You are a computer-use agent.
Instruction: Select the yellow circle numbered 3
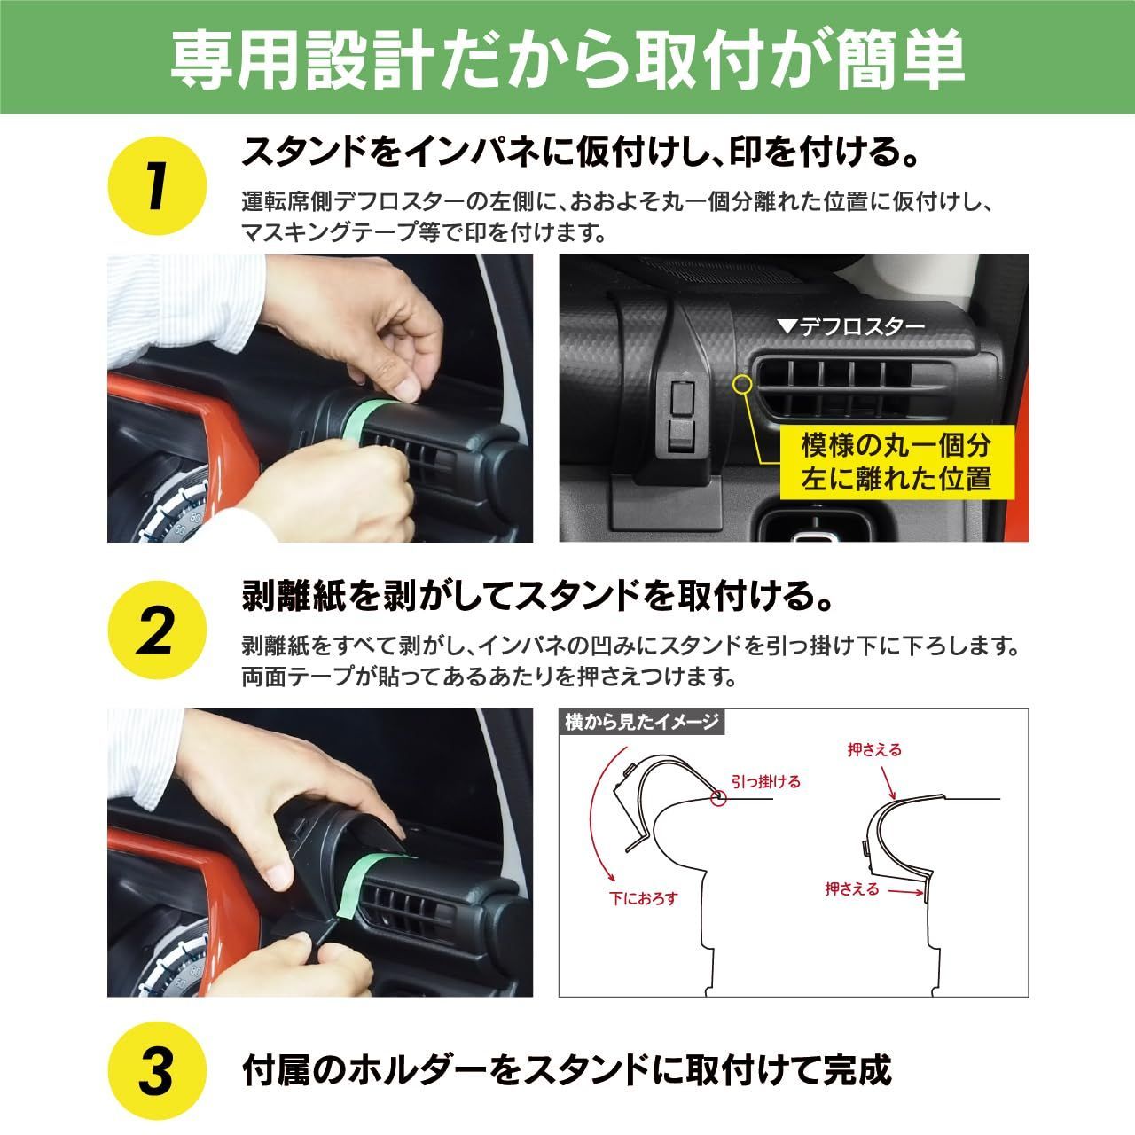(x=156, y=1072)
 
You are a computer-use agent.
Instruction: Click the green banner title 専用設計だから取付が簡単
(x=567, y=59)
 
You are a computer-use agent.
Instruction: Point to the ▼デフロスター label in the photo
(x=850, y=327)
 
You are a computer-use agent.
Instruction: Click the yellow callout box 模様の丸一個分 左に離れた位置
(x=896, y=461)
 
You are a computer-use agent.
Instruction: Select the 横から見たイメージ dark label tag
(x=642, y=722)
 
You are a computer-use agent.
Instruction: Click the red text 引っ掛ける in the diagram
(x=765, y=781)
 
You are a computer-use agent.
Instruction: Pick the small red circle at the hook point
(x=716, y=798)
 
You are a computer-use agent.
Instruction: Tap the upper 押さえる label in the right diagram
(x=874, y=750)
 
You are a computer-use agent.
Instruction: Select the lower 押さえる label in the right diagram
(x=851, y=888)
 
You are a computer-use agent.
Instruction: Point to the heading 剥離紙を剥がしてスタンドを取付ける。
(x=539, y=596)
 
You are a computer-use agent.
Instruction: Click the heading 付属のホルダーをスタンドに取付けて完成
(x=567, y=1070)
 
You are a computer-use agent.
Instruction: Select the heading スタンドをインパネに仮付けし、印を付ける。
(x=581, y=153)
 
